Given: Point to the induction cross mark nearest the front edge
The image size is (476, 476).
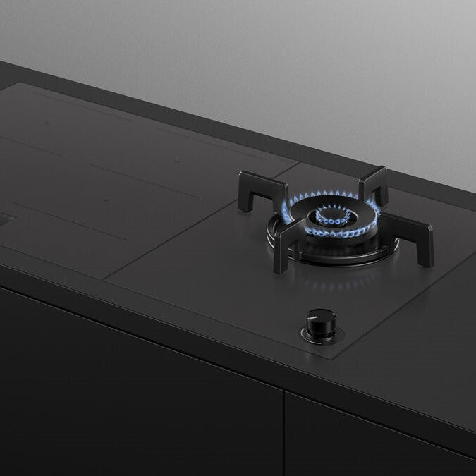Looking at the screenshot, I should point(105,200).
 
